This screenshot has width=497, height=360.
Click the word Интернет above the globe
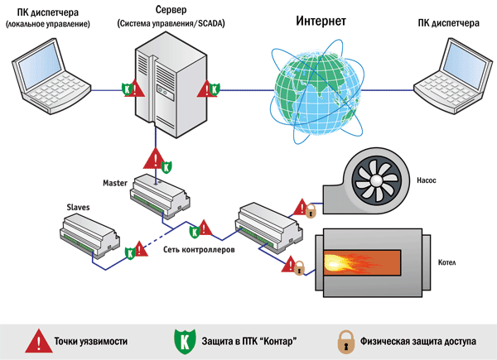[321, 21]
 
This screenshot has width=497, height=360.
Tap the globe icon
[317, 92]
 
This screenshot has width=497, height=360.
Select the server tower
[171, 85]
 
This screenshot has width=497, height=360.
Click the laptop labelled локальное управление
[51, 76]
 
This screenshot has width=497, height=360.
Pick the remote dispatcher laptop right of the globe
[453, 76]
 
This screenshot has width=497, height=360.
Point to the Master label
[115, 183]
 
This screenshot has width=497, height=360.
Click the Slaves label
[78, 208]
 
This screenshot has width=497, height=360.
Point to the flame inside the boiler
[350, 263]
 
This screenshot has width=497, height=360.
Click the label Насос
[427, 180]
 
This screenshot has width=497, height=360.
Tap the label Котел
[447, 262]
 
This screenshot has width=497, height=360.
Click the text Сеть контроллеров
[199, 249]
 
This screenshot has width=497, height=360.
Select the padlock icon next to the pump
[311, 211]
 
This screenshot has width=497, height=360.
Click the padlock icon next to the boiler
[299, 268]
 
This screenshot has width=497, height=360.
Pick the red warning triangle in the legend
[39, 341]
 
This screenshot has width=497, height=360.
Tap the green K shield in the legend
[185, 341]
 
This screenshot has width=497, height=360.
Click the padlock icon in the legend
[345, 342]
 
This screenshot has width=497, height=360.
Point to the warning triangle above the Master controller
[155, 159]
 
